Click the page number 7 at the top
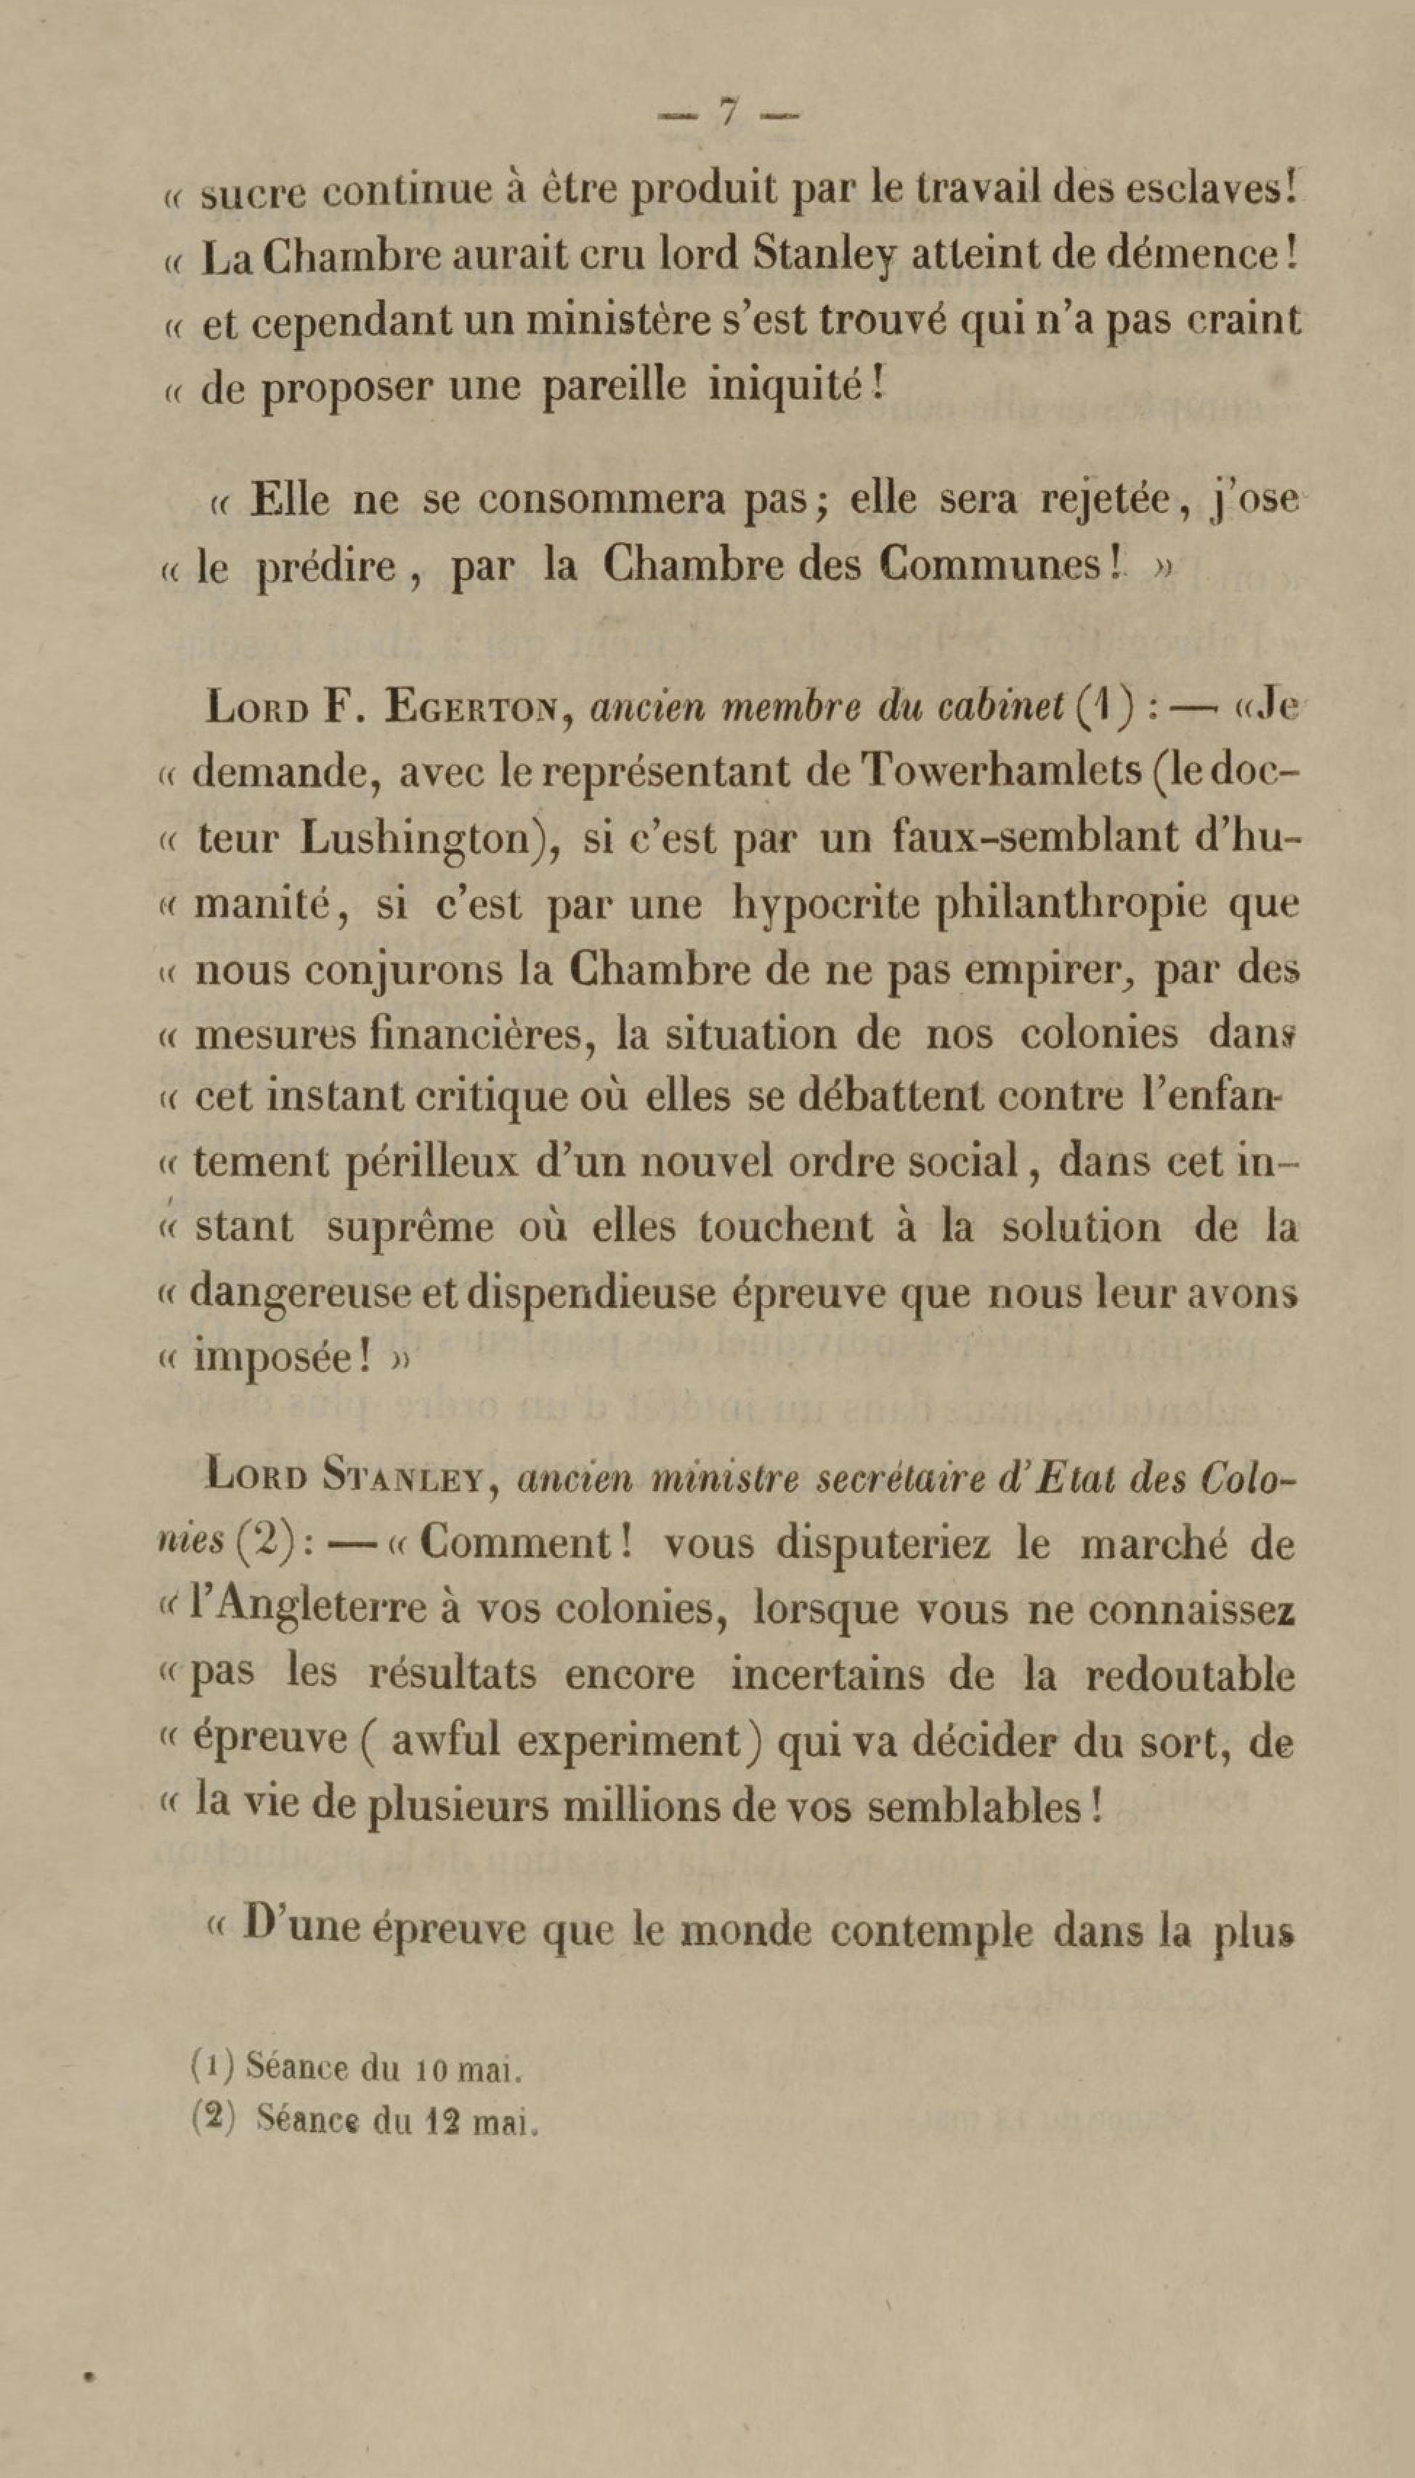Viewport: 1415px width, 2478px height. [x=728, y=115]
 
